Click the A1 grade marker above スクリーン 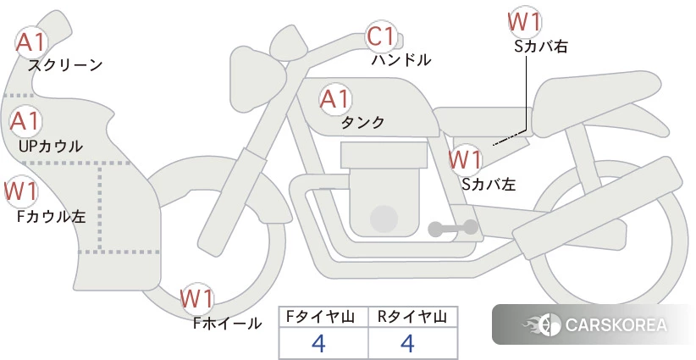coord(30,42)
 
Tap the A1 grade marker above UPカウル coord(25,121)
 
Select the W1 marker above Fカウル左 coord(21,191)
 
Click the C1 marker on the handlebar coord(381,36)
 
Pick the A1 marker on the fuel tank coord(335,99)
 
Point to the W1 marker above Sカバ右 coord(525,22)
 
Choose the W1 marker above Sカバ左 coord(465,159)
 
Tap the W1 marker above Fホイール coord(197,299)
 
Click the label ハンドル coord(401,59)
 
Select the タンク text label coord(362,123)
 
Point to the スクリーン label coord(65,65)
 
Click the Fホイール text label coord(227,324)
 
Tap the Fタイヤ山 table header coord(320,317)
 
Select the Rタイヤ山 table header coord(412,317)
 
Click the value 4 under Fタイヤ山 coord(318,343)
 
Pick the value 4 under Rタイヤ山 coord(407,343)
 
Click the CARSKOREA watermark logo coord(594,325)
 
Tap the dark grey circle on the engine coord(384,219)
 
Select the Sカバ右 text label coord(541,47)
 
